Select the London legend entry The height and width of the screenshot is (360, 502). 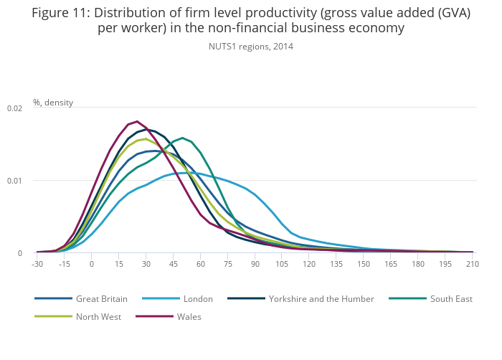tap(198, 298)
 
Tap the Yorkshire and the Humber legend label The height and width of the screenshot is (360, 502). tap(321, 298)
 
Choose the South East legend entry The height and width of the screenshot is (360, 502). tap(450, 298)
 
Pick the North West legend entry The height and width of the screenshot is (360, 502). tap(98, 316)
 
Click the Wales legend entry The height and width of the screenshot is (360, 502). tap(189, 316)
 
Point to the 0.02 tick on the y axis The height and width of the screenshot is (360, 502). tap(14, 108)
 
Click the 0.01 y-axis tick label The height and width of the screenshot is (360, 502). tap(14, 181)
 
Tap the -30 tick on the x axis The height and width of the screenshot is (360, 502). tap(37, 265)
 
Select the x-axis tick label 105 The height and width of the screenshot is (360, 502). tap(282, 265)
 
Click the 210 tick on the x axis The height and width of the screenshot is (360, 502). tap(473, 265)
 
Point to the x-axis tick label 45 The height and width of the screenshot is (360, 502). tap(173, 265)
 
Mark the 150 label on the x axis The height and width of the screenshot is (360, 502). tap(364, 265)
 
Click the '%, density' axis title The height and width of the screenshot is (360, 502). tap(53, 103)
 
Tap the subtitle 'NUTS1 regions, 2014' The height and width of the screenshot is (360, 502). tap(251, 47)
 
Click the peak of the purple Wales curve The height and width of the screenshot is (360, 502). tap(136, 121)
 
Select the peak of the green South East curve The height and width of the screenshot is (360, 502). tap(183, 138)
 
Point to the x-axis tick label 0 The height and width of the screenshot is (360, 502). tap(92, 265)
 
